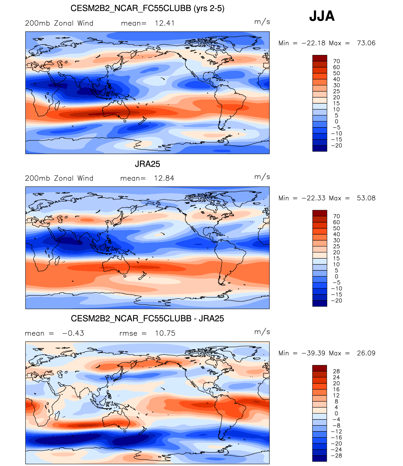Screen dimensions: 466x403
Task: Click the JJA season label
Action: click(x=322, y=16)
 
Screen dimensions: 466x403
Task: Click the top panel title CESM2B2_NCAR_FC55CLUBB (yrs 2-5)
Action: click(x=147, y=8)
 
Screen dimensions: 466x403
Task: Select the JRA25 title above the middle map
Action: click(x=147, y=164)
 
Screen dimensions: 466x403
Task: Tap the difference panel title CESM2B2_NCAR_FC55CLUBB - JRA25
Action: click(x=147, y=318)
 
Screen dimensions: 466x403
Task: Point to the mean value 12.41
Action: click(x=165, y=23)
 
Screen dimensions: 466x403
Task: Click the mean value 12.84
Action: click(x=164, y=178)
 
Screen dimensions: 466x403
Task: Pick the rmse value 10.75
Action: click(x=165, y=333)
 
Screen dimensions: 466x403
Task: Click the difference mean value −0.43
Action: click(x=73, y=333)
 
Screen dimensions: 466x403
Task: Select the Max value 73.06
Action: click(x=366, y=43)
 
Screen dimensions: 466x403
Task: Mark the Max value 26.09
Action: click(x=366, y=353)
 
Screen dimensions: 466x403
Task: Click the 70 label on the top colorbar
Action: click(x=337, y=61)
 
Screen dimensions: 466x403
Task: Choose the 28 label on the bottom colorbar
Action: click(x=337, y=371)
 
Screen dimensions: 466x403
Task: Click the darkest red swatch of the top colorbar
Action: click(x=320, y=58)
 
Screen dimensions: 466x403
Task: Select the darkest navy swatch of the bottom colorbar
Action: click(x=320, y=458)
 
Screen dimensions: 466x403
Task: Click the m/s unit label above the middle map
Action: click(x=262, y=177)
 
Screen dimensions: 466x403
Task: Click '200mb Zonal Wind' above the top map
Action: click(x=59, y=23)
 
